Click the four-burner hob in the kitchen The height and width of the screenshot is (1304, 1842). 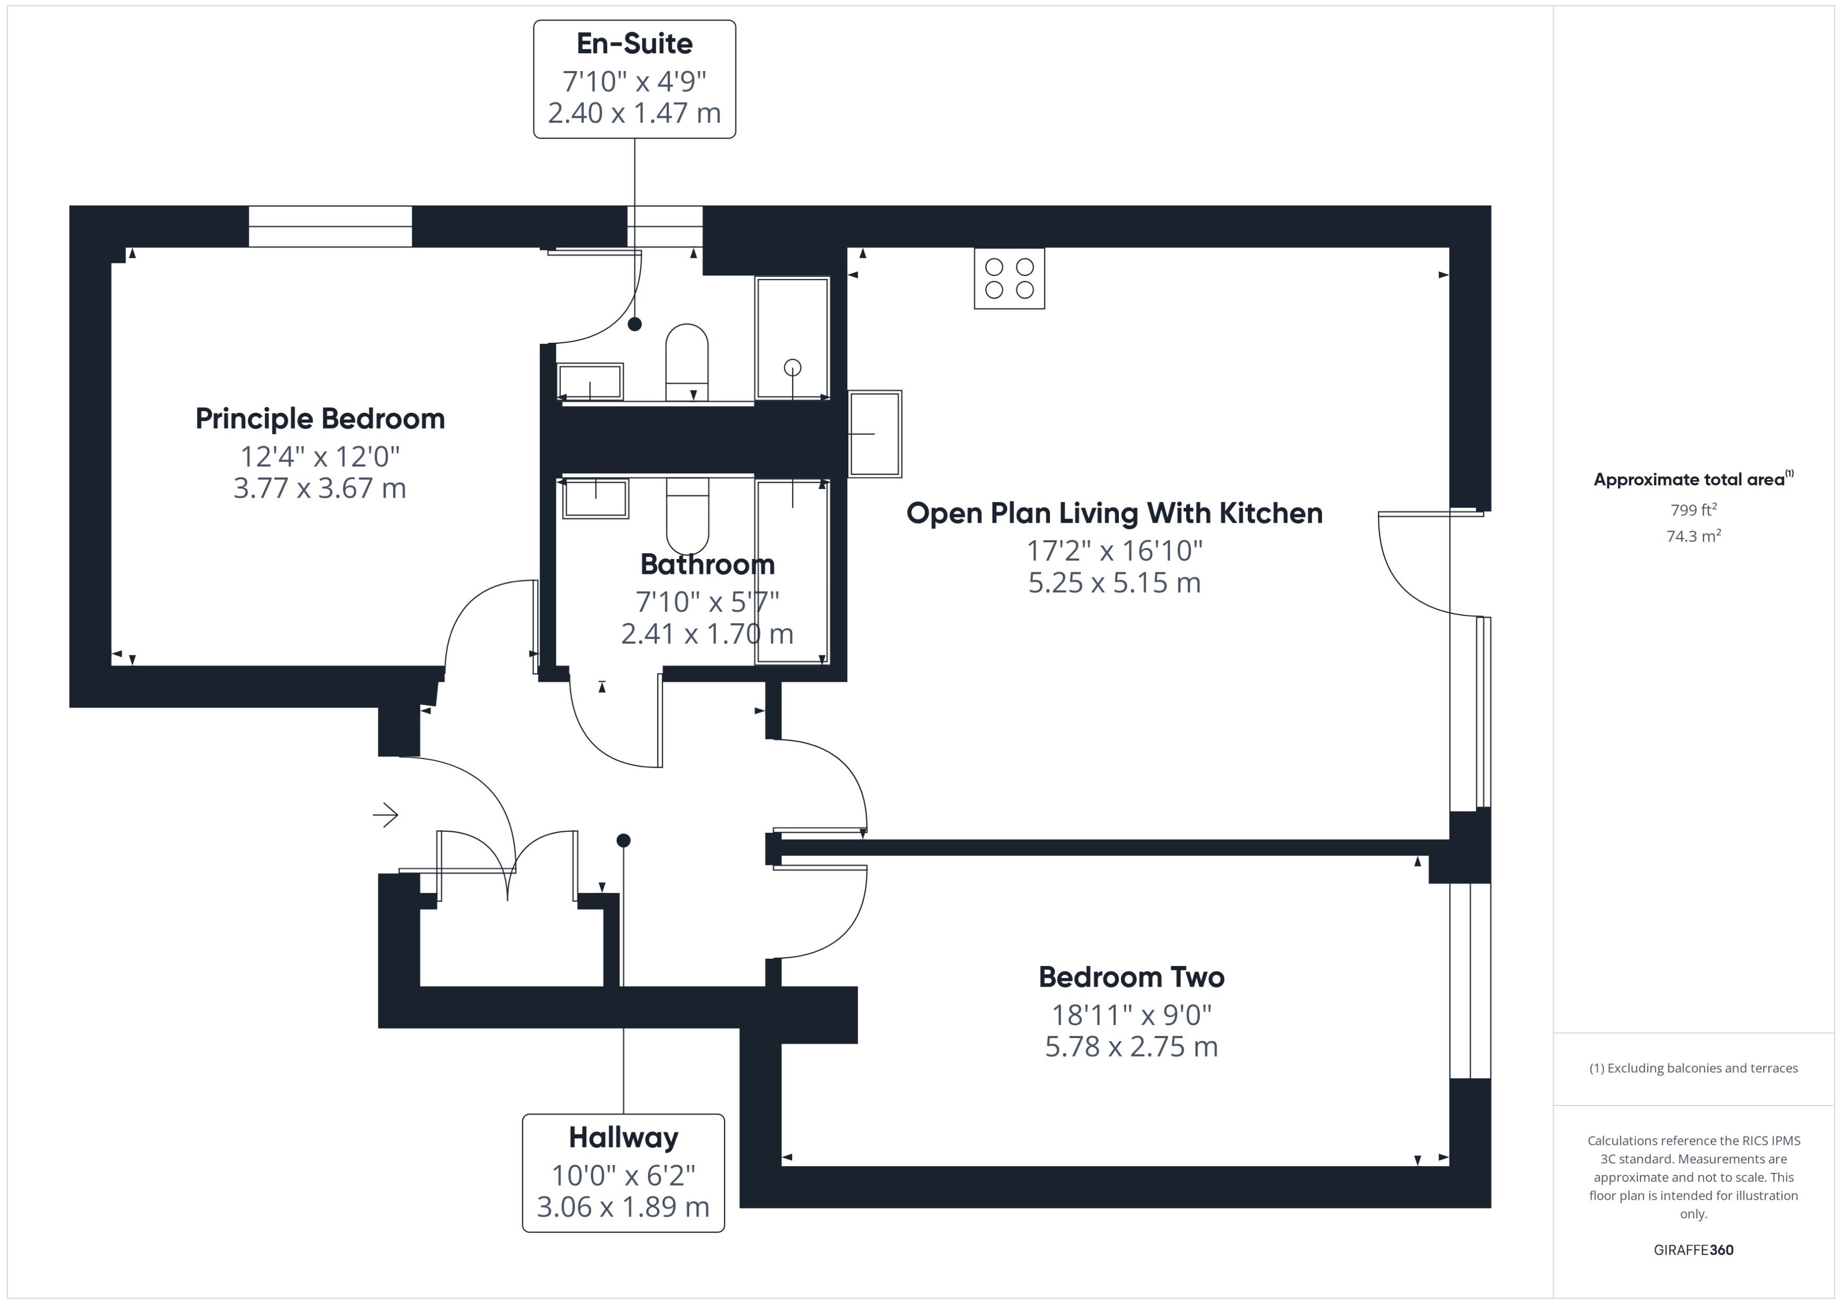tap(1009, 278)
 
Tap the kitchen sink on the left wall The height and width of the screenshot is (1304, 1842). tap(874, 434)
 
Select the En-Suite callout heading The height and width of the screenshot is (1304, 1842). tap(634, 43)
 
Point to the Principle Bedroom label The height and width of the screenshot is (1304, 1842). tap(319, 419)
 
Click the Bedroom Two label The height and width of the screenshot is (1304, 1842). tap(1131, 977)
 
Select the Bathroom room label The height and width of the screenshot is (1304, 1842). tap(707, 564)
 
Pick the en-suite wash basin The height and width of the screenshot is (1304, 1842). tap(590, 381)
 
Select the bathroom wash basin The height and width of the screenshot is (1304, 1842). tap(595, 499)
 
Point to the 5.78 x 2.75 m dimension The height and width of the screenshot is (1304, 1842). tap(1131, 1046)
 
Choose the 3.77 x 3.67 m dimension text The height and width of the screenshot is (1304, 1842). tap(319, 488)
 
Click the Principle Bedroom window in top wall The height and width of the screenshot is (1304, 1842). tap(330, 226)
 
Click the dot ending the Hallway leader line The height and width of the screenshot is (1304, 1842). tap(624, 840)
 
